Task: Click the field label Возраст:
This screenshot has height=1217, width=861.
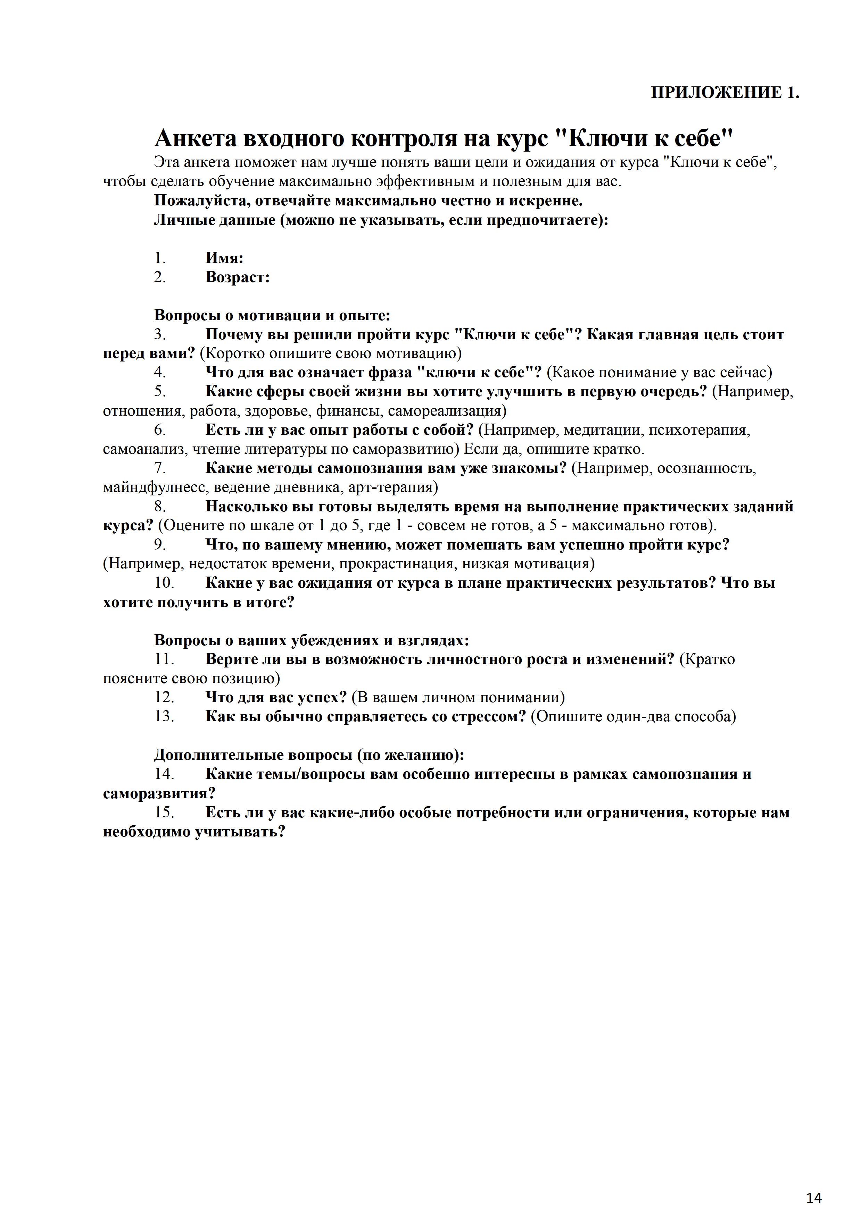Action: pos(238,277)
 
